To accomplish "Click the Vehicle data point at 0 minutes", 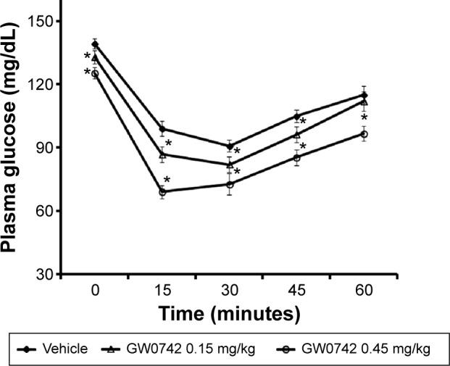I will point(95,44).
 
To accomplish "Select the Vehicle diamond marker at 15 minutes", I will point(162,130).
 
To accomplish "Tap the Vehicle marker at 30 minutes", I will point(230,146).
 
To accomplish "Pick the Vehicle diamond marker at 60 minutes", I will point(364,95).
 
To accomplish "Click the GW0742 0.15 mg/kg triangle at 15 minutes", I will point(162,154).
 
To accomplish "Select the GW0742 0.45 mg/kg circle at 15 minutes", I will point(162,192).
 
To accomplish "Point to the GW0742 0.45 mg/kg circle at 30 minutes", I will point(230,184).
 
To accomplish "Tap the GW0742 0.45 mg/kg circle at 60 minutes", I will point(364,134).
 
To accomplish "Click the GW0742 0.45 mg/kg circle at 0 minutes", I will point(95,73).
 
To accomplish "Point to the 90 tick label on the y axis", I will point(43,148).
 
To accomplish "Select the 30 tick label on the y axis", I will point(43,275).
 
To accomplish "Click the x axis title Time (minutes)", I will point(230,314).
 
